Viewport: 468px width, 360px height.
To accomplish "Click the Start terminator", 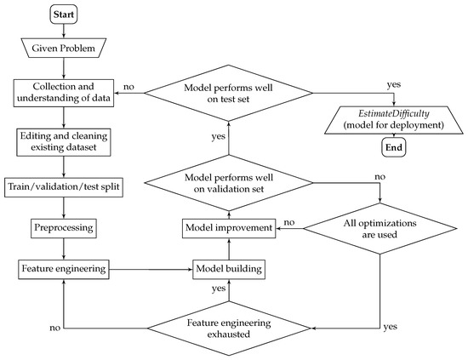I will [66, 15].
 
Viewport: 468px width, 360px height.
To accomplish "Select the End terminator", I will [392, 146].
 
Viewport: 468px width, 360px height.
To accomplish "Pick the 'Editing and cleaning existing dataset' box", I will [66, 140].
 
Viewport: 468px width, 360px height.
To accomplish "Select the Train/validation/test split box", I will [66, 185].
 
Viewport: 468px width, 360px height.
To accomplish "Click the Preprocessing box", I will [66, 229].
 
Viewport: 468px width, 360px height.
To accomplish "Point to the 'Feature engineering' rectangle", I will [66, 269].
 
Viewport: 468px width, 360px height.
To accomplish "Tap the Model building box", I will [229, 269].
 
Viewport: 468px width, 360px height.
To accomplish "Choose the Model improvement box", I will [229, 229].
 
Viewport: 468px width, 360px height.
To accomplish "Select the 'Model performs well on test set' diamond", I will [229, 92].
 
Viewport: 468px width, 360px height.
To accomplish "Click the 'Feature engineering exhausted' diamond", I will [229, 328].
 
